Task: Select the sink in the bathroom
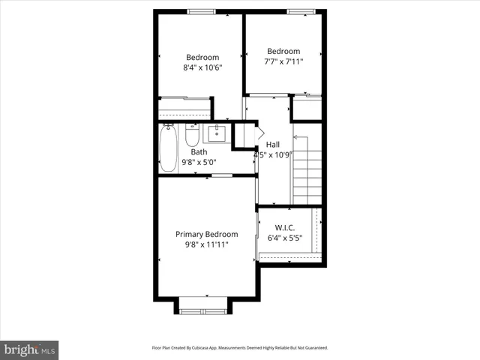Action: (216, 135)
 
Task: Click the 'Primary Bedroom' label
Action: (206, 234)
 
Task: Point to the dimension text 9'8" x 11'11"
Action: (206, 244)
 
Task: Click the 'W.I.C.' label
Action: (284, 227)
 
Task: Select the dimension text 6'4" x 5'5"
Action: (284, 238)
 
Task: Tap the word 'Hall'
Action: (272, 145)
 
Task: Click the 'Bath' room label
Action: (199, 152)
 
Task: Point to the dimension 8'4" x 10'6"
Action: (202, 67)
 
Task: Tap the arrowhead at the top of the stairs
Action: (295, 137)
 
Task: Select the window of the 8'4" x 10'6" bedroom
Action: (199, 10)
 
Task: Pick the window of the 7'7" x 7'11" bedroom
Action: (300, 10)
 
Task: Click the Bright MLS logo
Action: (29, 349)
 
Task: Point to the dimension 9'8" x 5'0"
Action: (199, 162)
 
